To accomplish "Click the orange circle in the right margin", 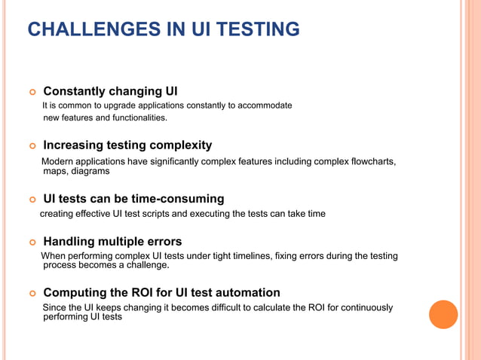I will (443, 314).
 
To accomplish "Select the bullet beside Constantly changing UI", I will (32, 92).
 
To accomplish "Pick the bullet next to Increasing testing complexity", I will (32, 145).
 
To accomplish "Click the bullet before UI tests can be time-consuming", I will (32, 200).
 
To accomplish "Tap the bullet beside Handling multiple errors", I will (32, 243).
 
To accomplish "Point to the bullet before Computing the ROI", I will (32, 293).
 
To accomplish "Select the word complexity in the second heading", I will (177, 145).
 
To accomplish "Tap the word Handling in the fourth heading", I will (69, 242).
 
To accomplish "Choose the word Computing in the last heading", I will (75, 292).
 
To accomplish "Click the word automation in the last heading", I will (249, 292).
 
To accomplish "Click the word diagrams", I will (90, 171).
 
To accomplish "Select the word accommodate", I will (264, 105).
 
